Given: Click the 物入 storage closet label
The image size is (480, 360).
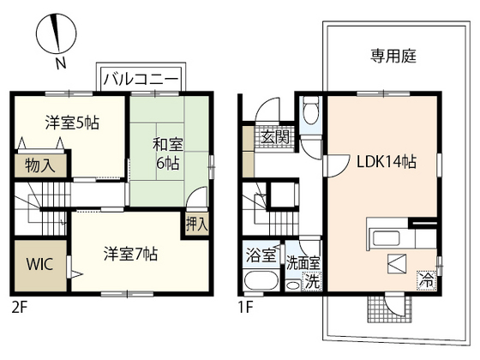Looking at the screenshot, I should [40, 165].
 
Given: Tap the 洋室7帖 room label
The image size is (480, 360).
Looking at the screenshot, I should [130, 254].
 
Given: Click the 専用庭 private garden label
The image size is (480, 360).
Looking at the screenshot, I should [393, 56].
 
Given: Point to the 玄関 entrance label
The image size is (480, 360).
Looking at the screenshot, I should [273, 136].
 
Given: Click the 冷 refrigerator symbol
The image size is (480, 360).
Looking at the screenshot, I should [425, 278].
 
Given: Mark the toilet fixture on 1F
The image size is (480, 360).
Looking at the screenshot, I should [312, 111].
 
